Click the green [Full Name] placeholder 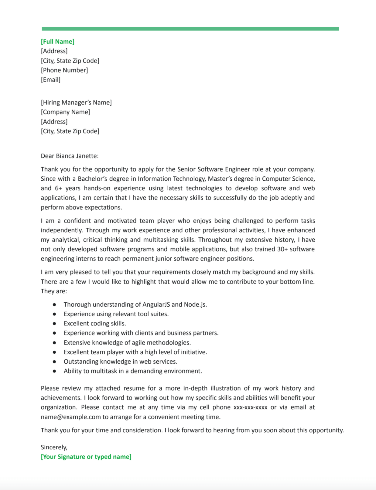58,42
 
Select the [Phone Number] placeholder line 64,70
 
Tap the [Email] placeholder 51,80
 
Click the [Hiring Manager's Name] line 76,102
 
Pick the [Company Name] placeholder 65,112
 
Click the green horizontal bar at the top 190,29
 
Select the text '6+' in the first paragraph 58,188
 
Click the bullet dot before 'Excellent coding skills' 54,324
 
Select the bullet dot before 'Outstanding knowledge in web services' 54,362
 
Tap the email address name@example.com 71,417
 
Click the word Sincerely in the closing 54,447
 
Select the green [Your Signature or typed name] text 86,457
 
